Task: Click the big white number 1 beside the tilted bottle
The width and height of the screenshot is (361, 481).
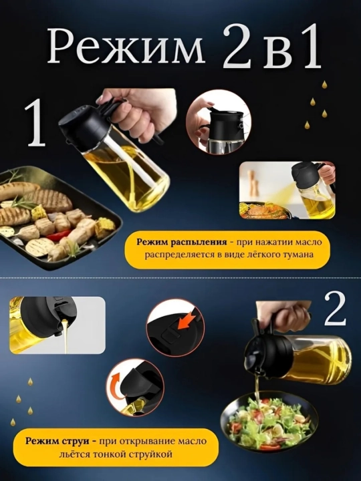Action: tap(36, 123)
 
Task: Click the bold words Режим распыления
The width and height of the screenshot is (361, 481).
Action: tap(182, 242)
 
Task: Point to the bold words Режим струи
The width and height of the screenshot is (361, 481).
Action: tap(57, 441)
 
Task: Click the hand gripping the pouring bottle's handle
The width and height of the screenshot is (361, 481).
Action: tap(282, 313)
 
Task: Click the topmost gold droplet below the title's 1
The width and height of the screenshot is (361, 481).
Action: tap(324, 85)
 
